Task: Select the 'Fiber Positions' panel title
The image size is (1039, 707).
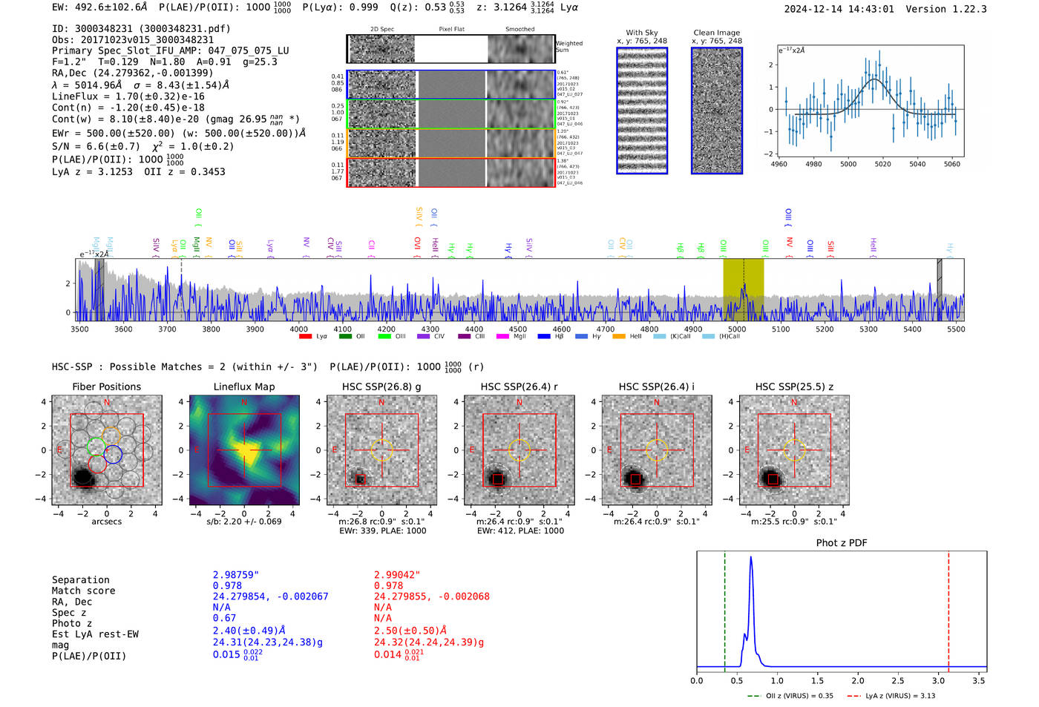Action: tap(106, 387)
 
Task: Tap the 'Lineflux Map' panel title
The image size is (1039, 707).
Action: tap(244, 387)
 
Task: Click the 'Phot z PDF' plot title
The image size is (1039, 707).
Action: tap(842, 543)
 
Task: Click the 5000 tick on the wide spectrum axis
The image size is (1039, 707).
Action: tap(737, 329)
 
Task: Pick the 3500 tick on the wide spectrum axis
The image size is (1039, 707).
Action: tap(79, 329)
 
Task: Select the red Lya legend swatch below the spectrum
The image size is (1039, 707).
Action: tap(305, 337)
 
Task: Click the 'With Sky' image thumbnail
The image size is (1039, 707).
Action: tap(642, 111)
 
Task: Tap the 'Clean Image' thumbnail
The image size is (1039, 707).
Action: tap(717, 111)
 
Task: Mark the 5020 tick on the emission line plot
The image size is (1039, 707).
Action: tap(882, 164)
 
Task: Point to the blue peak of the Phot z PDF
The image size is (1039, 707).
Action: tap(751, 558)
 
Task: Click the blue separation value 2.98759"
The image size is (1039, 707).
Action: tap(236, 575)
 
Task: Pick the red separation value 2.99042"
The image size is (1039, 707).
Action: tap(397, 575)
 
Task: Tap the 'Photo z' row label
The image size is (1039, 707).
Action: tap(73, 623)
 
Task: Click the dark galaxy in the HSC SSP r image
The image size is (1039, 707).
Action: tap(496, 479)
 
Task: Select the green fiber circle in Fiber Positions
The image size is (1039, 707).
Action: tap(96, 446)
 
